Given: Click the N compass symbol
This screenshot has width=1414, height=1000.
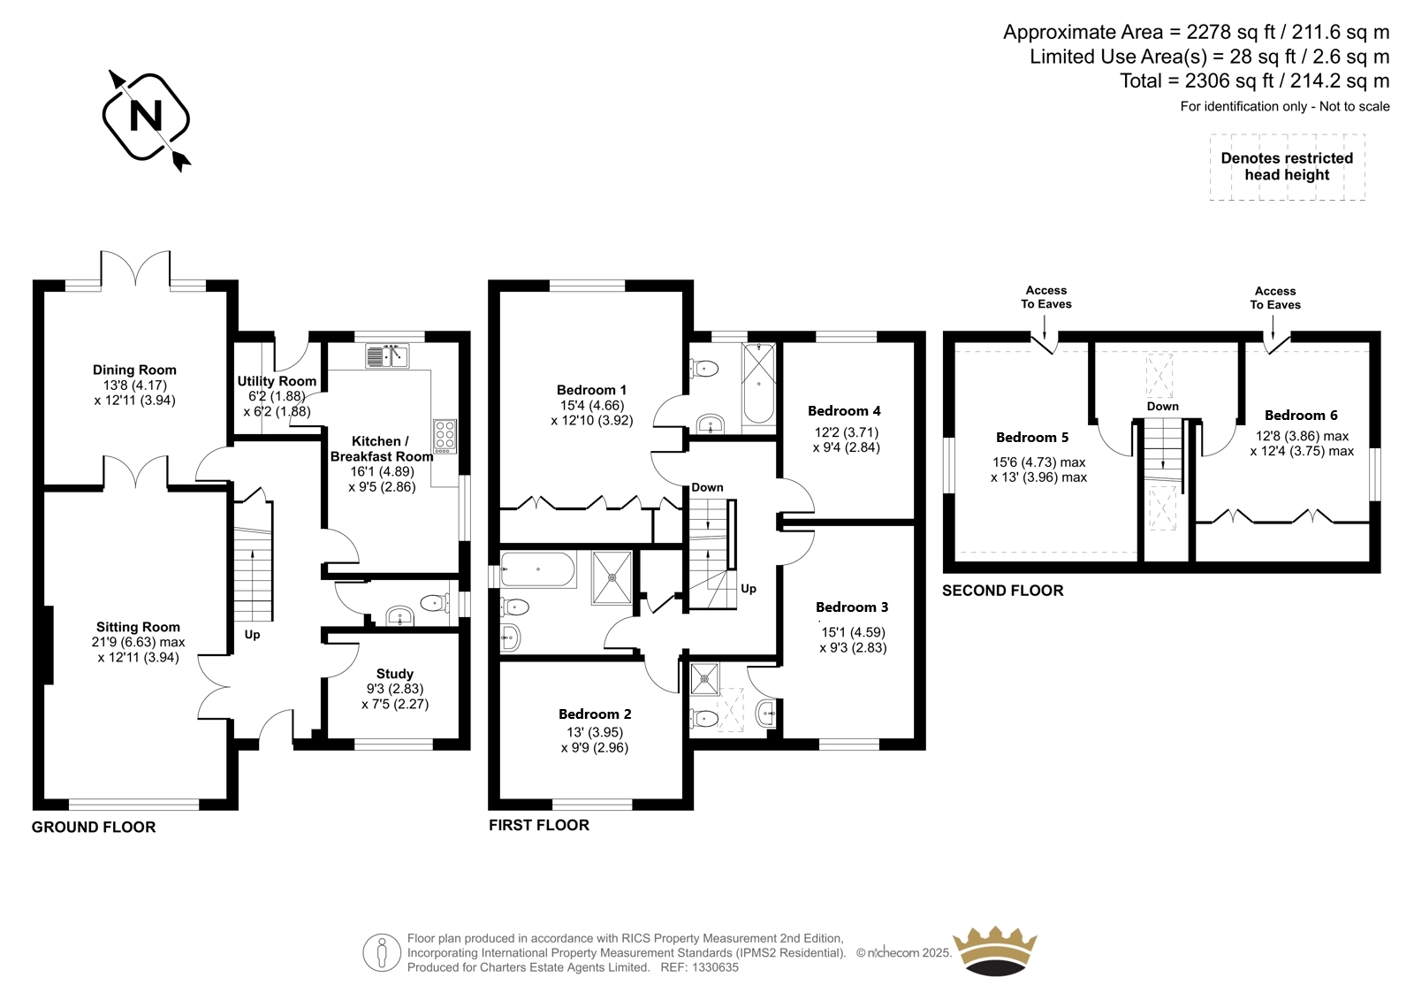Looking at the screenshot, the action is click(x=147, y=118).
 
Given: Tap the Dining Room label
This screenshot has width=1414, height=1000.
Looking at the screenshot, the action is click(x=134, y=370).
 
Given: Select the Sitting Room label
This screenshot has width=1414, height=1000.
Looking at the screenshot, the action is click(x=138, y=627).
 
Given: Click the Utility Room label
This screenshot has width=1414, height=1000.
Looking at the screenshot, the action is click(x=277, y=382).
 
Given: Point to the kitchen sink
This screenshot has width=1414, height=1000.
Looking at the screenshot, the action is click(x=387, y=355).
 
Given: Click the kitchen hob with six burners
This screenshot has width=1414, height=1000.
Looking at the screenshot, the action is click(x=445, y=436).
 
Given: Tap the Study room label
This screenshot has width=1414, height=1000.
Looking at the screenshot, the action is click(x=394, y=674).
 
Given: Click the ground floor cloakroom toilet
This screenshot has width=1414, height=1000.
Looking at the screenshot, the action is click(x=434, y=603).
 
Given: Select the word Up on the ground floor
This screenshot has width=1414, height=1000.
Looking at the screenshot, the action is click(x=252, y=635).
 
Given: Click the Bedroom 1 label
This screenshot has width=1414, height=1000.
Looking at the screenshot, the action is click(x=591, y=391).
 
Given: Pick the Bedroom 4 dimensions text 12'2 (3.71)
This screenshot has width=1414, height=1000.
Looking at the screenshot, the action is click(x=847, y=432).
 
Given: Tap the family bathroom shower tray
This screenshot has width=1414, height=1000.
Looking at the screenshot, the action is click(x=612, y=577).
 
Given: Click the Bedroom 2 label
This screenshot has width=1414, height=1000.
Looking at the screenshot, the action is click(x=595, y=714).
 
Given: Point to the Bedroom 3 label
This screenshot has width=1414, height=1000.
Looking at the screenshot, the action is click(x=852, y=607).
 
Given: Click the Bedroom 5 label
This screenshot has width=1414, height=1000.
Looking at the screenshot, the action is click(x=1032, y=438).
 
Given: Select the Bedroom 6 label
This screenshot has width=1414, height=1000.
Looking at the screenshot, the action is click(x=1301, y=416).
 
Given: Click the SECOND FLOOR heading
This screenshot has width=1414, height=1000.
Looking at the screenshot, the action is click(x=1002, y=591).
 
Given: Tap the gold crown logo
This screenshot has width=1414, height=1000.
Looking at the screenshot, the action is click(x=995, y=951).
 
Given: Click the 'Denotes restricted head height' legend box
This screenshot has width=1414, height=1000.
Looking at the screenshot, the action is click(x=1287, y=167).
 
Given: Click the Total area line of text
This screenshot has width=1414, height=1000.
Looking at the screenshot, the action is click(x=1254, y=80).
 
